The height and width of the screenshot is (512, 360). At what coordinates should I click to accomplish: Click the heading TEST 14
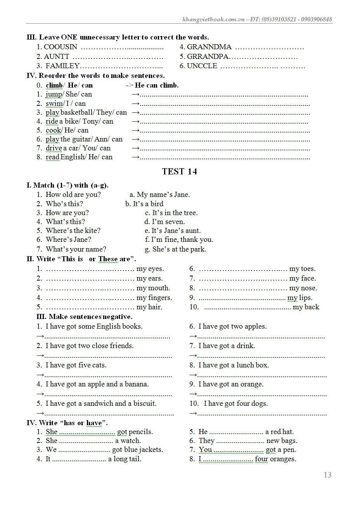[x=179, y=171]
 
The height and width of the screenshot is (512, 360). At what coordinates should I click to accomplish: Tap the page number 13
[x=327, y=475]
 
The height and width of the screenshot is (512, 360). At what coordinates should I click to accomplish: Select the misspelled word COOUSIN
[x=61, y=47]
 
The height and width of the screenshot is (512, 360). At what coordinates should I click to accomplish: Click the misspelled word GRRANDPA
[x=208, y=57]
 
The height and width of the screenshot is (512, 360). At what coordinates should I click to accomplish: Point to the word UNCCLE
[x=202, y=66]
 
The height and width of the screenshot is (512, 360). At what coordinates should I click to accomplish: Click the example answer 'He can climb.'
[x=157, y=85]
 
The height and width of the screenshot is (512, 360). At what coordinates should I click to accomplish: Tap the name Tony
[x=91, y=121]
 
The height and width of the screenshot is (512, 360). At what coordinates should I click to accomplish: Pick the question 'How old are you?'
[x=73, y=195]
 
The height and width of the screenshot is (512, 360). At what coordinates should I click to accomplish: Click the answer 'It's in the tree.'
[x=175, y=213]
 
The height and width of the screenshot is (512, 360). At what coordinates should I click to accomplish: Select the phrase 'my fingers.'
[x=154, y=298]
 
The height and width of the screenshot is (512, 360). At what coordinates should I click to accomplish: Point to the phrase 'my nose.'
[x=303, y=288]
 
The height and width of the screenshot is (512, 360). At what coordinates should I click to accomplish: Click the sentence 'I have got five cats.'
[x=76, y=365]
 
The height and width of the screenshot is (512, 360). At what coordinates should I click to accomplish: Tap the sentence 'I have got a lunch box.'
[x=234, y=365]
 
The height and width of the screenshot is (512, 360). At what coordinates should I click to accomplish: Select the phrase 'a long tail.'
[x=125, y=459]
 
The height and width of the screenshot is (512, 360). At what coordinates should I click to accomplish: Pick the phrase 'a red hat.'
[x=279, y=432]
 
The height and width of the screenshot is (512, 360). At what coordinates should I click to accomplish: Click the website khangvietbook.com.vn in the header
[x=213, y=19]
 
